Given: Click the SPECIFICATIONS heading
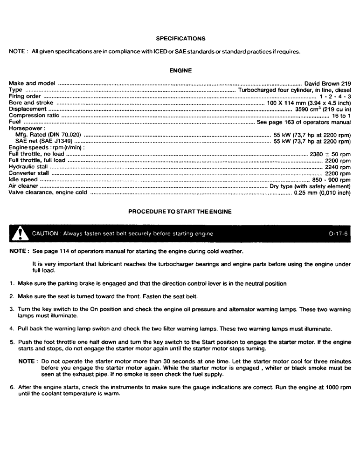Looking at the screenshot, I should tap(180, 38).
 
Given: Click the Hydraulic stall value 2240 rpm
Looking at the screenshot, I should tap(338, 166).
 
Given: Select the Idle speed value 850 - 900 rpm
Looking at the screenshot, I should tap(332, 179).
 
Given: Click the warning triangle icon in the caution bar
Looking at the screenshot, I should tap(19, 233).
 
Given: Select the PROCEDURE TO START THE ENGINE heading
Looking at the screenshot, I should tap(180, 212).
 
